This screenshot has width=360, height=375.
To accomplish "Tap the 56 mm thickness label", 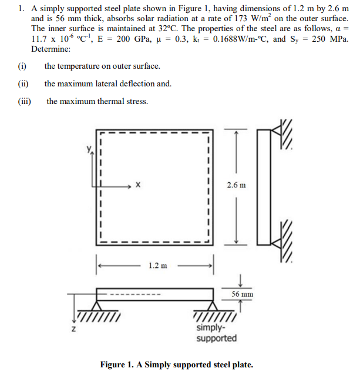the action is pos(242,293).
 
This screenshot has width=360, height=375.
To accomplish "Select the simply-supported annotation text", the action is pos(216,333).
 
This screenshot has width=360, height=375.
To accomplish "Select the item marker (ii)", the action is pos(22,84).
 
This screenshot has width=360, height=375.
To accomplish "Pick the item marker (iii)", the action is pos(24,101).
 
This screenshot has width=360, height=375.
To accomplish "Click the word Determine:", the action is pos(51,49).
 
